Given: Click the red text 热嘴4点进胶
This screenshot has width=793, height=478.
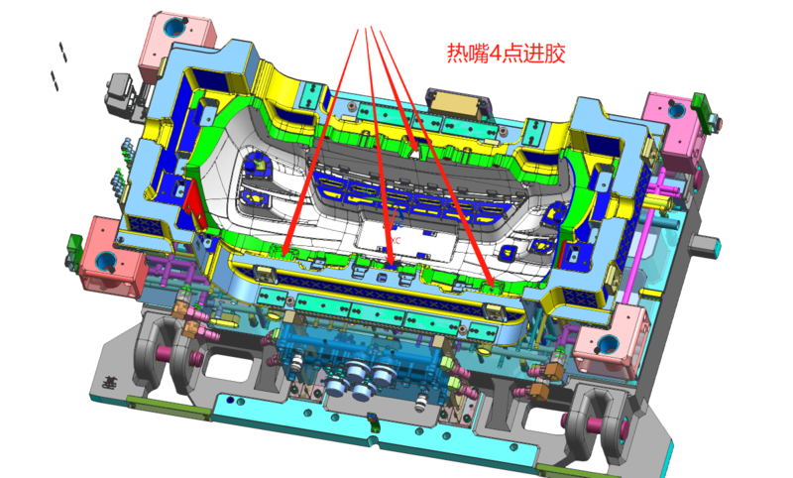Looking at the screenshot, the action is [506, 54].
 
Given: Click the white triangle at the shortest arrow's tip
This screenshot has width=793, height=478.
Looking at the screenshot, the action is [415, 153].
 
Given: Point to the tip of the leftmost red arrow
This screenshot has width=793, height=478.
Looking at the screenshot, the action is [284, 254].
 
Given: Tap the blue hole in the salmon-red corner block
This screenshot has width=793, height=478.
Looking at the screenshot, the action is [106, 261].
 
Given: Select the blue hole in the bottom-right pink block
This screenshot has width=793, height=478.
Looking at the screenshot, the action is [608, 344].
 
